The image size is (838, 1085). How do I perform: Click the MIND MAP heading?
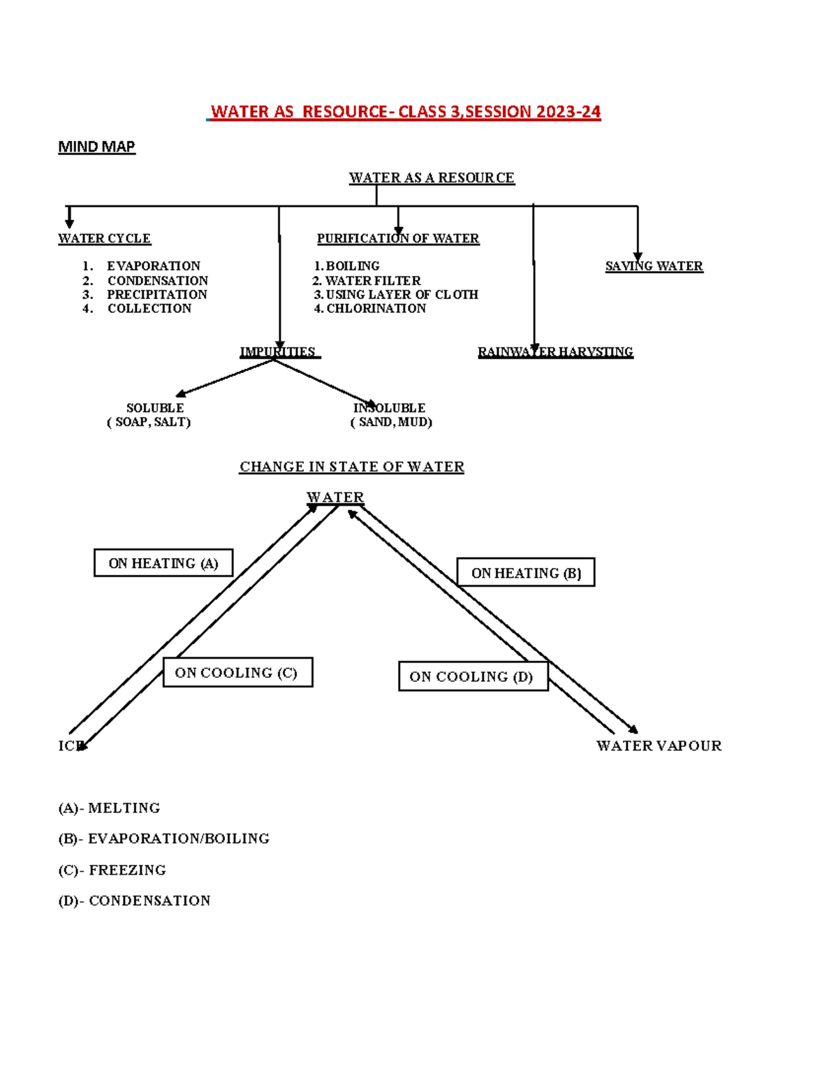(x=96, y=147)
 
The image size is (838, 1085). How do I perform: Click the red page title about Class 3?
(x=405, y=112)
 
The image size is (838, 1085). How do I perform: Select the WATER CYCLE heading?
(x=104, y=238)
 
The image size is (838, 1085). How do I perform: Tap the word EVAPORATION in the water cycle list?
(x=154, y=266)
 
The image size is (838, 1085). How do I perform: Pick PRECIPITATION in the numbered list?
(x=157, y=294)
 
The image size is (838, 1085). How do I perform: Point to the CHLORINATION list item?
(x=376, y=308)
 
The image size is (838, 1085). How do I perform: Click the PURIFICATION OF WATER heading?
(x=398, y=238)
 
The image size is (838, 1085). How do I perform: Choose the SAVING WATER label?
(x=654, y=266)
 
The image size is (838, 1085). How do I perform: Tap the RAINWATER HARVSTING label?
(x=555, y=351)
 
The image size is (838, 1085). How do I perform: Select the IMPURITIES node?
(x=278, y=351)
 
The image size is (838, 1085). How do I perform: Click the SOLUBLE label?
(x=155, y=407)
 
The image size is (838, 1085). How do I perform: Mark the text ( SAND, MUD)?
(x=392, y=422)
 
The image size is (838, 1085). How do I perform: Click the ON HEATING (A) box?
(x=163, y=563)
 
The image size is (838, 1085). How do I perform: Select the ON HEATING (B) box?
(x=526, y=573)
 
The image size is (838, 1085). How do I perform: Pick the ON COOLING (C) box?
(x=237, y=673)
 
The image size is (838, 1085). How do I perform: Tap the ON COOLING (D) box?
(x=473, y=676)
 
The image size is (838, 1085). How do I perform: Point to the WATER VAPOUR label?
(x=659, y=745)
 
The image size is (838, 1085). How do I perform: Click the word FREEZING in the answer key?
(x=128, y=870)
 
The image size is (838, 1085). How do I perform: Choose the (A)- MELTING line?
(x=109, y=808)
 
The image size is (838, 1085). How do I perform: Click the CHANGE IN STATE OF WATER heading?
(x=351, y=467)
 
